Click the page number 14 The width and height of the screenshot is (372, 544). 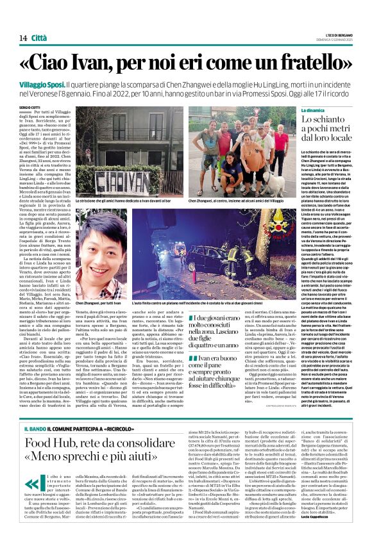coord(23,38)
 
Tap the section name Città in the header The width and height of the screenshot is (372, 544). coord(40,38)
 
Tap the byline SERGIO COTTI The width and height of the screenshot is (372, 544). coord(28,107)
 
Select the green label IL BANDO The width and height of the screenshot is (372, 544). coord(35,409)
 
